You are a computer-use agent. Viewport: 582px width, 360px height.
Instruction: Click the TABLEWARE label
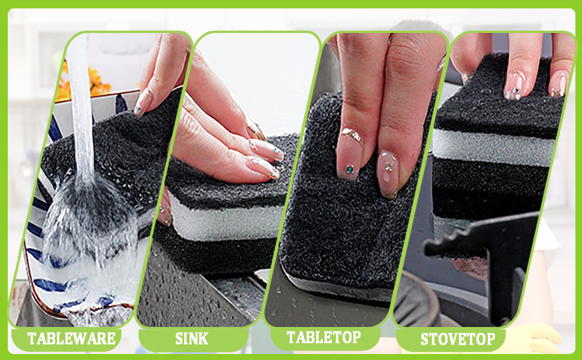pos(71,338)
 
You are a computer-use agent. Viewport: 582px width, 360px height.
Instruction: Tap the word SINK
pos(191,339)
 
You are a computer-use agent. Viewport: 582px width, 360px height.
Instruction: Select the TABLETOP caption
pos(323,337)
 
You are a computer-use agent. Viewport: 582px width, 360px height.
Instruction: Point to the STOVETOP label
pos(458,339)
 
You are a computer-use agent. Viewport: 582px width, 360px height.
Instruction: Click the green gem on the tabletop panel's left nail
pos(349,169)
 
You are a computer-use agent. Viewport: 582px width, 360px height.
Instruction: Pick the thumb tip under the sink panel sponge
pos(165,212)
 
